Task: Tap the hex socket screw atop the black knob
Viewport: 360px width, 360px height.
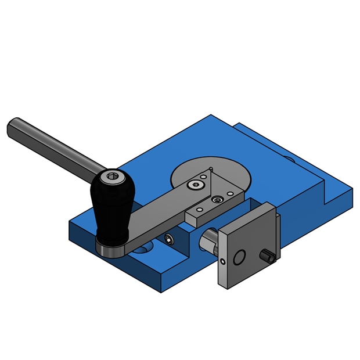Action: [x=112, y=178]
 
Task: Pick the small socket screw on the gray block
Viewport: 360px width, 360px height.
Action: [x=217, y=200]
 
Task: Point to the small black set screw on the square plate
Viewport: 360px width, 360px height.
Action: [x=268, y=256]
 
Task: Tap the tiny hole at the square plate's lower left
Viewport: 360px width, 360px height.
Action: [x=222, y=261]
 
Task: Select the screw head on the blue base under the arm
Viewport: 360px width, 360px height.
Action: [x=168, y=239]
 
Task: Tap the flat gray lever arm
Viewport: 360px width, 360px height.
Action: [x=157, y=215]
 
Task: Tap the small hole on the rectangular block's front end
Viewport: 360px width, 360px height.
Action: [x=199, y=209]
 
